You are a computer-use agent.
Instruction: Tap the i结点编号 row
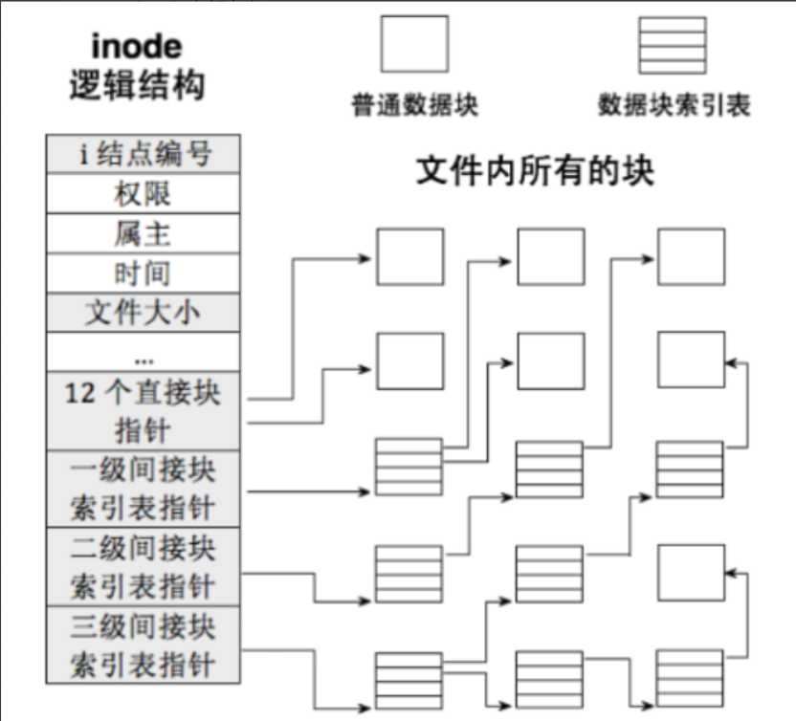click(143, 154)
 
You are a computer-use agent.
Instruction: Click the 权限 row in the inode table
click(143, 193)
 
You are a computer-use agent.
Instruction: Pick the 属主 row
click(143, 232)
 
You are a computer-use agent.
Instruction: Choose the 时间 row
click(143, 273)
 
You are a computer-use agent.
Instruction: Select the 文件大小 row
click(143, 313)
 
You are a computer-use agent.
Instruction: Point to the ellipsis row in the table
click(143, 353)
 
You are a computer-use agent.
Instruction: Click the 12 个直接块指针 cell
click(143, 411)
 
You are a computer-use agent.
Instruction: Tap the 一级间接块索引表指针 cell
click(143, 489)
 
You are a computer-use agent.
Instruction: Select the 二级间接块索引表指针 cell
click(143, 566)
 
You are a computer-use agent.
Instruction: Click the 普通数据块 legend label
click(413, 104)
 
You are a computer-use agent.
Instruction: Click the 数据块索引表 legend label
click(674, 104)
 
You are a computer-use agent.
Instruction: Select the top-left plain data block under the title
click(409, 257)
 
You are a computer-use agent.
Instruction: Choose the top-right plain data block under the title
click(691, 257)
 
